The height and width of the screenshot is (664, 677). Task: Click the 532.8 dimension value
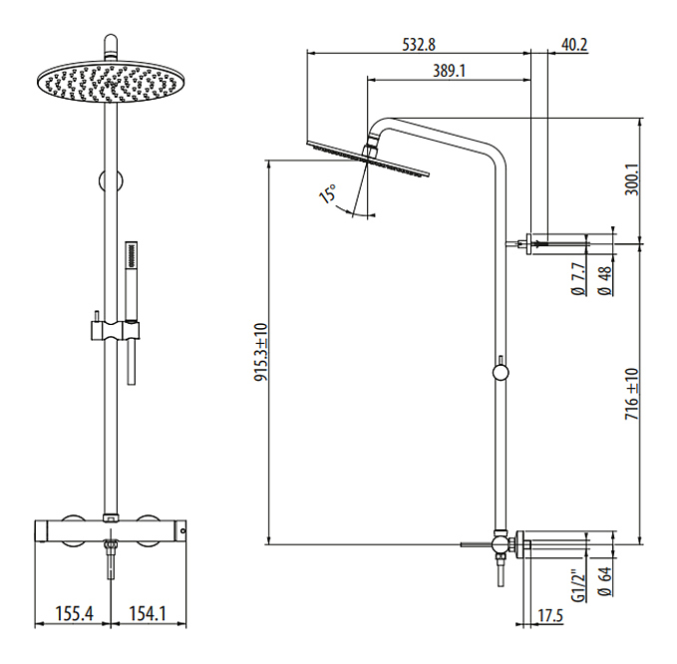pos(419,45)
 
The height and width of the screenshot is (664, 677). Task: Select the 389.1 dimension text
pos(449,71)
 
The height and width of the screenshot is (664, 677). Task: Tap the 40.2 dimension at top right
pos(574,45)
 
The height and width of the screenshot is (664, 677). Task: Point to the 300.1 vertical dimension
pos(632,179)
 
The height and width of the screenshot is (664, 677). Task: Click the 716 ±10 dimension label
pos(632,394)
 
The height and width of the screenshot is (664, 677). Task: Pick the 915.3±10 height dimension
pos(261,352)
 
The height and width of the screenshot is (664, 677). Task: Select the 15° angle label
pos(328,193)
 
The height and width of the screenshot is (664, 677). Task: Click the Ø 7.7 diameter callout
pos(579,279)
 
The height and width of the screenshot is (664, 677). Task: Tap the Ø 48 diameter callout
pos(605,280)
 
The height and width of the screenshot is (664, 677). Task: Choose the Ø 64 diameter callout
pos(605,581)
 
